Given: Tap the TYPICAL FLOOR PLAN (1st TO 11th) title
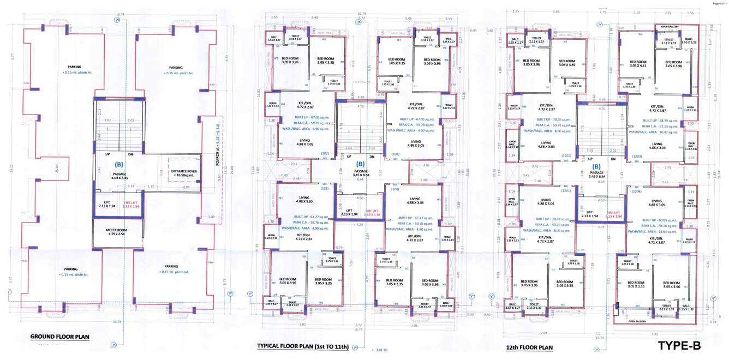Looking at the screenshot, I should [x=302, y=346].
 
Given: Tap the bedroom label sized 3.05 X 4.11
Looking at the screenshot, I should [x=637, y=64].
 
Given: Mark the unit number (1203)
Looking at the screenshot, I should [x=636, y=157].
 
